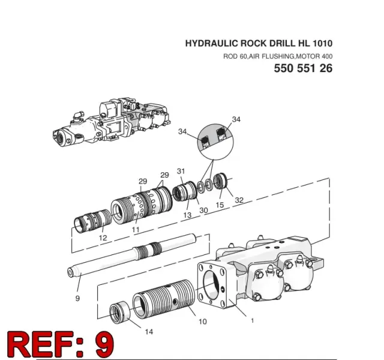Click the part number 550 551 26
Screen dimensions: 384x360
coord(303,68)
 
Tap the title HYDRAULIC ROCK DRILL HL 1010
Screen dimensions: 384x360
coord(259,43)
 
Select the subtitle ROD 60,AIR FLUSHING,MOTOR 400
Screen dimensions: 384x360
coord(278,56)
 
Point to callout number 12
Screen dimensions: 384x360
coord(103,238)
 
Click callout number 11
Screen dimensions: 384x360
coord(136,230)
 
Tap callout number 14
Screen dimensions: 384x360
coord(149,332)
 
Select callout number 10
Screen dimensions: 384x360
coord(203,322)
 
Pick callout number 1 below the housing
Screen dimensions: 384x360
coord(252,320)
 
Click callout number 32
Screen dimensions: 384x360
coord(239,200)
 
